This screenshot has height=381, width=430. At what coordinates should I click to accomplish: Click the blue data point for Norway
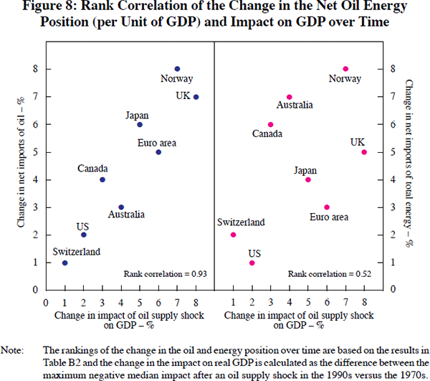177,69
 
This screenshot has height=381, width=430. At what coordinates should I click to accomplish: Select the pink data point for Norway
345,69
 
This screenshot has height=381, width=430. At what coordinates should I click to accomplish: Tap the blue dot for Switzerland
65,263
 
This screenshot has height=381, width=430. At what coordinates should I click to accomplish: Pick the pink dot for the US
252,263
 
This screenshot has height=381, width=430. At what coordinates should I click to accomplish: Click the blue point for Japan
140,124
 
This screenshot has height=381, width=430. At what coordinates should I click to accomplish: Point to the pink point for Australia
290,97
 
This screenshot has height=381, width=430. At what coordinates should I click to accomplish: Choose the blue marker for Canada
102,179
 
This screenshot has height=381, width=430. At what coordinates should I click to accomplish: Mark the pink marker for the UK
364,152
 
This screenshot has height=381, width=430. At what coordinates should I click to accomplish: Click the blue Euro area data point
158,152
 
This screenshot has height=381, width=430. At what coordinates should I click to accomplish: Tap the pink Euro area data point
327,207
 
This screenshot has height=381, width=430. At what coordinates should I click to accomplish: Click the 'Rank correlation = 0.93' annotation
165,274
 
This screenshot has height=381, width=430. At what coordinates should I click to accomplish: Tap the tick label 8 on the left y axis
34,69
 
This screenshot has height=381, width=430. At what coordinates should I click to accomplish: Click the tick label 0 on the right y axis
393,291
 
